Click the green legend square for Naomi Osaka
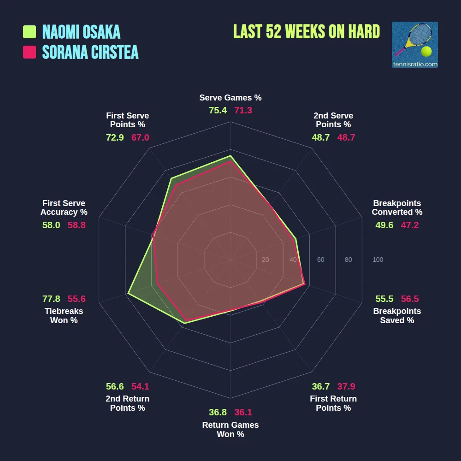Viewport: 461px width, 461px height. coord(30,32)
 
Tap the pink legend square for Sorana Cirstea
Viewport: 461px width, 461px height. coord(30,52)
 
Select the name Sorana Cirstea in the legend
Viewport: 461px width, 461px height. coord(90,52)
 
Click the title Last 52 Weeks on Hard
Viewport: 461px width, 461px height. coord(307,32)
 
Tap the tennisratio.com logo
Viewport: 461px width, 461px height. coord(414,45)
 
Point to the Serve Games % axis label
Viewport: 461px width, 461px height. coord(230,98)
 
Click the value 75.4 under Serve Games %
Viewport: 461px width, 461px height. coord(218,111)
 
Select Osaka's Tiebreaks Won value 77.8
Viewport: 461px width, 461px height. coord(51,299)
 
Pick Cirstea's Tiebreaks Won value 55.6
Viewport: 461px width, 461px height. coord(77,299)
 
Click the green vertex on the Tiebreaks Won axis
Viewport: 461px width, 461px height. coord(128,293)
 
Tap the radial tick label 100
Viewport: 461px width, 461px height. coord(378,260)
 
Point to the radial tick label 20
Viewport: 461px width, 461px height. coord(265,260)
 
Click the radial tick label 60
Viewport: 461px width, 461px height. coord(320,260)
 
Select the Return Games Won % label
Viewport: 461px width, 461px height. coord(230,430)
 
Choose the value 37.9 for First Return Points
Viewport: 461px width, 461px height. coord(346,386)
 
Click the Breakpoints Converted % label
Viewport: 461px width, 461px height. coord(397,207)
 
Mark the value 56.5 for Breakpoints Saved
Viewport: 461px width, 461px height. coord(410,299)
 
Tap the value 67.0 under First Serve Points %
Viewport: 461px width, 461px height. coord(140,137)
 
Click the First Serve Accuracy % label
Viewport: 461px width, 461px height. coord(64,207)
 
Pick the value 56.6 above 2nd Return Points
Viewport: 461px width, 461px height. coord(115,386)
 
